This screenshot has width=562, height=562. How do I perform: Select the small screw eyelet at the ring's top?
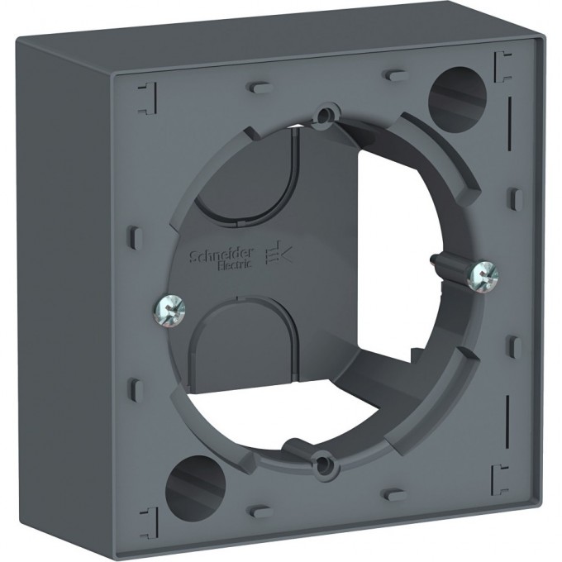(x=327, y=112)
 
